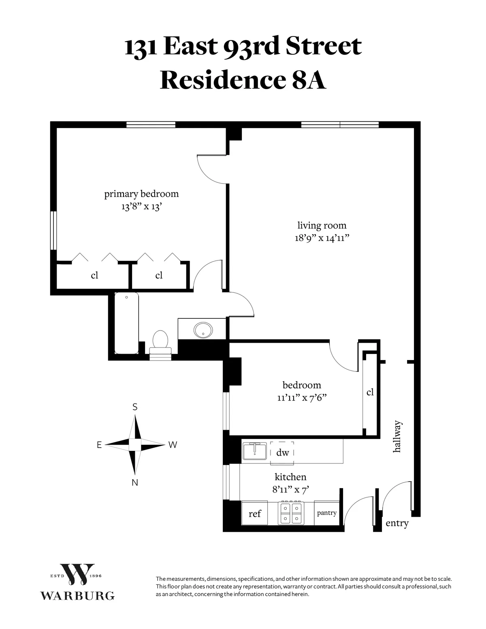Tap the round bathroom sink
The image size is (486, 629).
pos(202,330)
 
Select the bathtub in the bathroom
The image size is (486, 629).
pos(127,323)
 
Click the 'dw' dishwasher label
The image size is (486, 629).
pos(283,452)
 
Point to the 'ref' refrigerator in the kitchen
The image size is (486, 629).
pos(255,514)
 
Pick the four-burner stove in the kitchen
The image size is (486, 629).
pos(291,513)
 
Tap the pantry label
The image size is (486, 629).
pos(326,513)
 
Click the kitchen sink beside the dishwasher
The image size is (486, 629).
pos(255,451)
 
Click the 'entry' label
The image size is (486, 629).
pos(397,523)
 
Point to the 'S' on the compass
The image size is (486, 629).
pos(135,407)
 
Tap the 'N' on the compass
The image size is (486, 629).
pos(135,482)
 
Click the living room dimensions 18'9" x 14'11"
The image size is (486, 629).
pos(322,238)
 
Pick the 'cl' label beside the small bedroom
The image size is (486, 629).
pos(370,392)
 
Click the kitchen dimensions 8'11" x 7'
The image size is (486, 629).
pos(291,489)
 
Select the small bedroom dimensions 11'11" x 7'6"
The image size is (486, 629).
pos(302,397)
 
